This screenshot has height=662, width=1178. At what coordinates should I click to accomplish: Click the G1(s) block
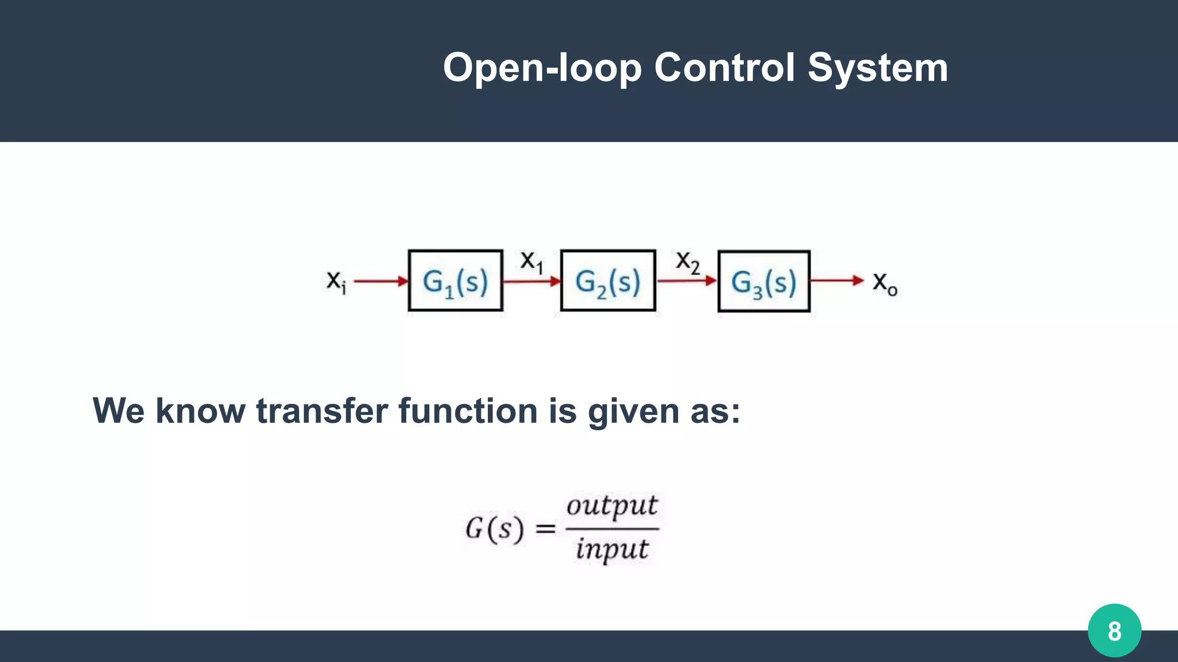click(x=455, y=281)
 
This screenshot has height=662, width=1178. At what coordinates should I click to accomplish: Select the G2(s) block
click(x=608, y=281)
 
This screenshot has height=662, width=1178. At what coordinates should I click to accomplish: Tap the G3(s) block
click(x=764, y=282)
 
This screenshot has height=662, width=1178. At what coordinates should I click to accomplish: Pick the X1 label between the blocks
click(x=531, y=262)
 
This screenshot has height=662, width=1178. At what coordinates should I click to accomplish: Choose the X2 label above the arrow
click(x=687, y=263)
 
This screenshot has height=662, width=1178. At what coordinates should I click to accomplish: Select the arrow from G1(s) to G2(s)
click(x=531, y=282)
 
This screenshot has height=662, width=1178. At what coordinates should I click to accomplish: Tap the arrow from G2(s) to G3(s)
click(x=686, y=281)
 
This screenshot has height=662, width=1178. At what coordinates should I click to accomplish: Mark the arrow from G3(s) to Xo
click(x=837, y=280)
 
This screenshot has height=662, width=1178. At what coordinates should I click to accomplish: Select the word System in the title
click(x=878, y=68)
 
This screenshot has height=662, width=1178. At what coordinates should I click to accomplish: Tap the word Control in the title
click(x=725, y=67)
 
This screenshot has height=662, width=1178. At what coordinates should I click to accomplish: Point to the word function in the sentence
click(x=468, y=411)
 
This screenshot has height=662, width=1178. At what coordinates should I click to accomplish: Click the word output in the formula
click(x=611, y=506)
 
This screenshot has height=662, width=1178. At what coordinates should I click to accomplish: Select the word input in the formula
click(x=612, y=549)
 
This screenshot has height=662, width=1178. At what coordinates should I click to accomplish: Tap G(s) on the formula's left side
click(x=495, y=529)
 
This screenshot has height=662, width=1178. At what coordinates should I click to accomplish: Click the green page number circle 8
click(x=1114, y=631)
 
